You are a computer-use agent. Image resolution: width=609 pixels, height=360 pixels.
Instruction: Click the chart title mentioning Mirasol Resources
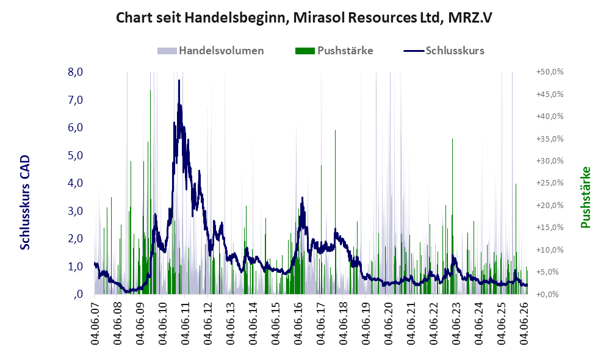click(304, 18)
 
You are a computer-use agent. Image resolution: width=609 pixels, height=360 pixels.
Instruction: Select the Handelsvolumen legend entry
click(211, 51)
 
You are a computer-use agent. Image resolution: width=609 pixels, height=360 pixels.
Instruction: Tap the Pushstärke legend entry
click(334, 51)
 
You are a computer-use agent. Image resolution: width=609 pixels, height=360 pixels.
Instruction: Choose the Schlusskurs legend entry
click(444, 51)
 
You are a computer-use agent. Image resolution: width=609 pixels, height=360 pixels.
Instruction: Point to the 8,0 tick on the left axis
click(75, 72)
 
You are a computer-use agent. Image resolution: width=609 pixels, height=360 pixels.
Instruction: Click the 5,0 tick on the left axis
click(75, 156)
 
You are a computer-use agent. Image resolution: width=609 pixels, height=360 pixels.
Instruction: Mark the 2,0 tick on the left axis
click(75, 239)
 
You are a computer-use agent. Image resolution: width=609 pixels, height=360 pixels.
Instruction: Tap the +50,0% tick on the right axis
click(550, 72)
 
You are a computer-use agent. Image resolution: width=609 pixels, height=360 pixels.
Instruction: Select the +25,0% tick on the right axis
click(550, 183)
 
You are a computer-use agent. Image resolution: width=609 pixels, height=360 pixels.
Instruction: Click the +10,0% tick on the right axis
click(550, 250)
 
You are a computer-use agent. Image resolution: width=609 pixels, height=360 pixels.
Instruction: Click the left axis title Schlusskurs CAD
click(25, 203)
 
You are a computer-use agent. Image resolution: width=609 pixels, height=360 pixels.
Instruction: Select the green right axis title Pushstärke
click(585, 197)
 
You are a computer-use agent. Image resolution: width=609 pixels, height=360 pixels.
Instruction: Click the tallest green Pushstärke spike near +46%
click(150, 192)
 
